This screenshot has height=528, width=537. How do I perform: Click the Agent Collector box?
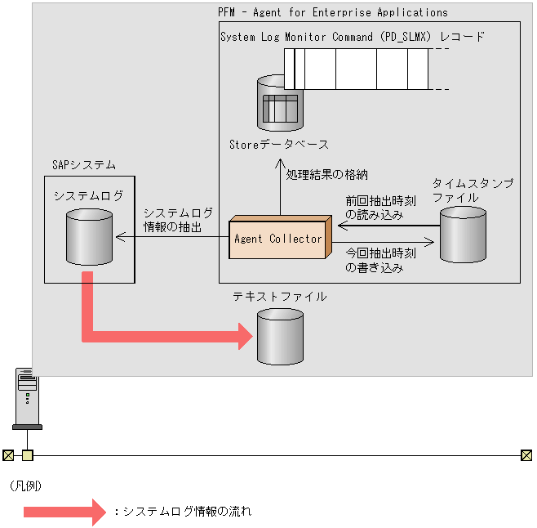click(x=277, y=239)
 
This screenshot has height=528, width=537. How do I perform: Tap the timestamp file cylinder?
click(x=463, y=234)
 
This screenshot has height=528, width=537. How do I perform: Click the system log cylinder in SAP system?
click(x=88, y=235)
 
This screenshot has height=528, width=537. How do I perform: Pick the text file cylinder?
click(x=280, y=337)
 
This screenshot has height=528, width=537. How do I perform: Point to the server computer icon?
click(x=27, y=397)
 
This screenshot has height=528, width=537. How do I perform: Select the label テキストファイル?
click(x=279, y=297)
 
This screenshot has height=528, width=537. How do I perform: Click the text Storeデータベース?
click(x=279, y=145)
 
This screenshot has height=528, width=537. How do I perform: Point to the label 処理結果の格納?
click(x=327, y=174)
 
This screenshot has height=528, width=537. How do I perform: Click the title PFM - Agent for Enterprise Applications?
click(x=333, y=12)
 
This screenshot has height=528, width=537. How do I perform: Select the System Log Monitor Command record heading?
click(x=352, y=37)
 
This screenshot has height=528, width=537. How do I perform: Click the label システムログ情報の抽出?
click(x=178, y=219)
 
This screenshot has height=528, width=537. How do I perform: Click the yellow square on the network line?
click(x=27, y=455)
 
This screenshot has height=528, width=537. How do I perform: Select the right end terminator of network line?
click(x=526, y=455)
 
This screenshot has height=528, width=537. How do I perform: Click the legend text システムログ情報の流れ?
click(x=187, y=512)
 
